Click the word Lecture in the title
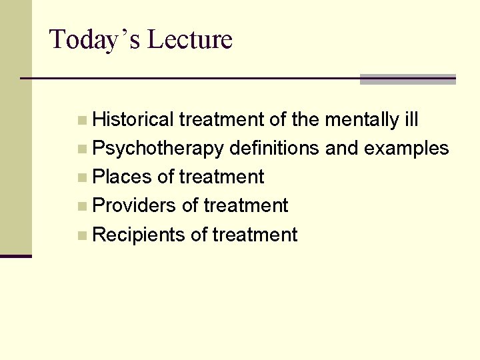coord(189,39)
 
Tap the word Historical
coord(133,120)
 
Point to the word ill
coord(411,120)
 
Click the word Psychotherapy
coord(158,149)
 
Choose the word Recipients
coord(139,235)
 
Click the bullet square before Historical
coord(81,121)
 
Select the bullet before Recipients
coord(81,235)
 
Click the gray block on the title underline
coord(407,79)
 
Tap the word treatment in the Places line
coord(221,177)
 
